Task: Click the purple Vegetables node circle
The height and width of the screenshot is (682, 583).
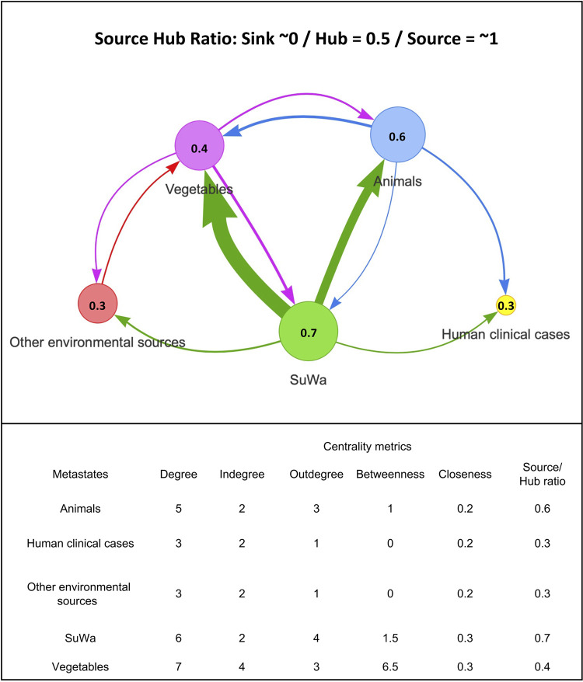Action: pyautogui.click(x=199, y=146)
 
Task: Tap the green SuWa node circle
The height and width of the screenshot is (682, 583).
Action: pyautogui.click(x=309, y=332)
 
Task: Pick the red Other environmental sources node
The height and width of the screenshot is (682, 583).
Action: pyautogui.click(x=97, y=305)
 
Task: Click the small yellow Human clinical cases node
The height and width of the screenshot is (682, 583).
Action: pyautogui.click(x=506, y=305)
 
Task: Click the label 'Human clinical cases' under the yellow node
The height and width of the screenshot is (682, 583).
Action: pyautogui.click(x=506, y=334)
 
